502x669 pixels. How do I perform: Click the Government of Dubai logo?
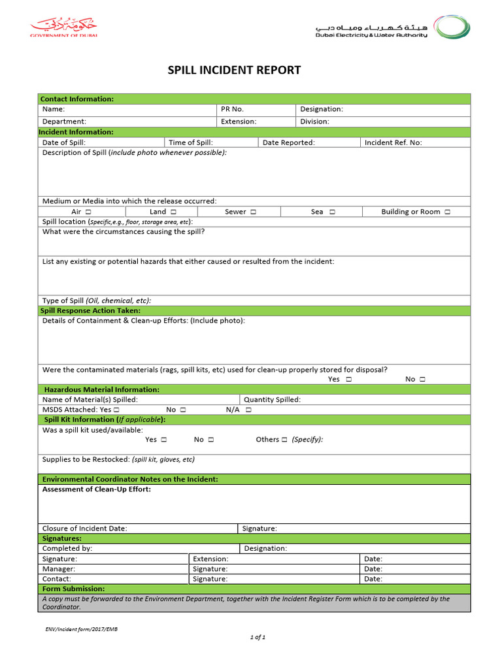63,28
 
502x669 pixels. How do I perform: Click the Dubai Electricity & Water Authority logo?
393,28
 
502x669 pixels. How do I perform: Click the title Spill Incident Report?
235,70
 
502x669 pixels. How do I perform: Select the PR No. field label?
232,109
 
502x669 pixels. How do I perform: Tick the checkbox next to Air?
88,212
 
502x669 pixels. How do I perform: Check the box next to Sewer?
253,212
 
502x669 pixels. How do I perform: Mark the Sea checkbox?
333,212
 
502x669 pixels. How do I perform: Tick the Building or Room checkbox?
446,212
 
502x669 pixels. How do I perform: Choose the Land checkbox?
173,212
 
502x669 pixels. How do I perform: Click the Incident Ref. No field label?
393,142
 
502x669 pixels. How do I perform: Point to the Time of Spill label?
191,142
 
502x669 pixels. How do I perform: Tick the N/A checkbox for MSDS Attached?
248,410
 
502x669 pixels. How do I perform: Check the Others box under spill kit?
284,440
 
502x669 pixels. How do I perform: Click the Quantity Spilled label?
272,399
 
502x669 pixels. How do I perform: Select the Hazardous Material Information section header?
101,389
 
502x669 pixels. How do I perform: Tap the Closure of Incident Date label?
84,529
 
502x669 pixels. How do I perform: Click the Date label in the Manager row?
373,569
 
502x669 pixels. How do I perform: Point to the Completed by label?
67,549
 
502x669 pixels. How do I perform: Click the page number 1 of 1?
257,637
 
